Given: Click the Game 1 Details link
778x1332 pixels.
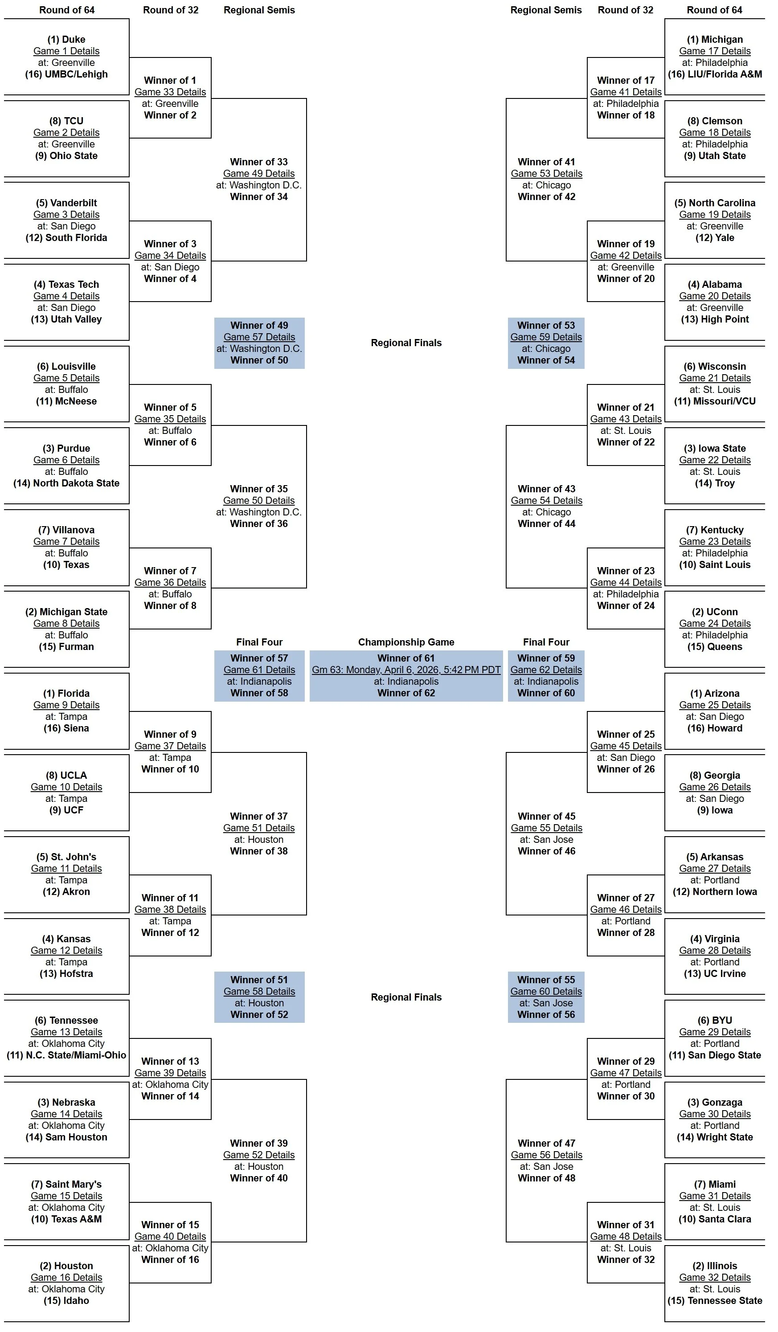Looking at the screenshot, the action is (x=66, y=51).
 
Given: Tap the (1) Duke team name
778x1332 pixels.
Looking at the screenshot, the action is (x=66, y=40).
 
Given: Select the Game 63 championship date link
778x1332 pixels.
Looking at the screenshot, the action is (x=406, y=670).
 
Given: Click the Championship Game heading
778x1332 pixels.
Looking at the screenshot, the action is (x=406, y=642).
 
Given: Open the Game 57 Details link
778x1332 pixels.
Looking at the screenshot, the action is (x=259, y=337).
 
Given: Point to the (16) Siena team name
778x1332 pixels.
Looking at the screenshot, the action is (x=66, y=728).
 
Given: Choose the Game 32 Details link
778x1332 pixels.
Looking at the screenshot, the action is (x=715, y=1278).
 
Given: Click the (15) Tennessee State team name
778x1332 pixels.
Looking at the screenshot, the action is (x=715, y=1301).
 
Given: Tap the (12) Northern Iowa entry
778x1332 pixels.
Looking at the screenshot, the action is (x=715, y=892).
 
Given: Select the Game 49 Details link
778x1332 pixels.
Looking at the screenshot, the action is (x=258, y=174).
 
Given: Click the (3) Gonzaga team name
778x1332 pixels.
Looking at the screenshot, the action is (x=715, y=1103).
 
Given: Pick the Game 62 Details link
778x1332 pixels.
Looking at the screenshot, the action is (x=546, y=670).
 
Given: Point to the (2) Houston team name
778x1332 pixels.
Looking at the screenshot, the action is (x=66, y=1266).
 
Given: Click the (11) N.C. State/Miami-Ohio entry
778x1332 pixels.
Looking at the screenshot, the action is (x=66, y=1055).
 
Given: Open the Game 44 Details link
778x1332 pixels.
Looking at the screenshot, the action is (x=626, y=583).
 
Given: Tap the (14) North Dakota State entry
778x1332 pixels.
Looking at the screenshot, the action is (x=66, y=483).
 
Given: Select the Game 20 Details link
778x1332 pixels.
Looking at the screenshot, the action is (x=715, y=297).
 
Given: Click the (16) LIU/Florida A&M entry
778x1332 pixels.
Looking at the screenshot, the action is (x=715, y=74).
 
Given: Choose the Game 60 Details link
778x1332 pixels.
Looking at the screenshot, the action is (x=546, y=992).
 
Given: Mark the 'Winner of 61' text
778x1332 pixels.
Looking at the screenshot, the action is (x=406, y=658).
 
